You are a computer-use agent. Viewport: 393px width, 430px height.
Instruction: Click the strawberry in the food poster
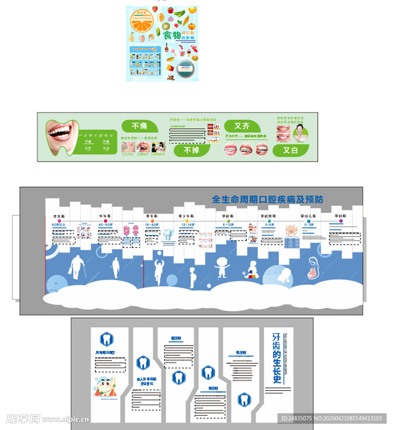(155, 9)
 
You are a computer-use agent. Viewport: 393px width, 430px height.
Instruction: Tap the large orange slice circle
(142, 21)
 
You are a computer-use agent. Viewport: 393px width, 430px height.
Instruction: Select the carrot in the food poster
(185, 20)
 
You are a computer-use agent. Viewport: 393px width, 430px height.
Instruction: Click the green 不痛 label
(140, 126)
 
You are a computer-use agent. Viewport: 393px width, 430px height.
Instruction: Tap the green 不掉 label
(192, 150)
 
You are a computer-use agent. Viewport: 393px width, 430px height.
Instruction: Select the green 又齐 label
(242, 126)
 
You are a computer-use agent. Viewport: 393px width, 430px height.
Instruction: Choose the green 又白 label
(290, 150)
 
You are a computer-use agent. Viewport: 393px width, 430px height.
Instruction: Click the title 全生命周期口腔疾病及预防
(267, 199)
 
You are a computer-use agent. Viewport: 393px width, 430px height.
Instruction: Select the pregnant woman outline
(315, 269)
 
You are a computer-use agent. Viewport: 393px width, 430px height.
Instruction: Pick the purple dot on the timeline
(341, 220)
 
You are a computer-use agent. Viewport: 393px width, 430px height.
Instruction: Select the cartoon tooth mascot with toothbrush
(106, 387)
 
